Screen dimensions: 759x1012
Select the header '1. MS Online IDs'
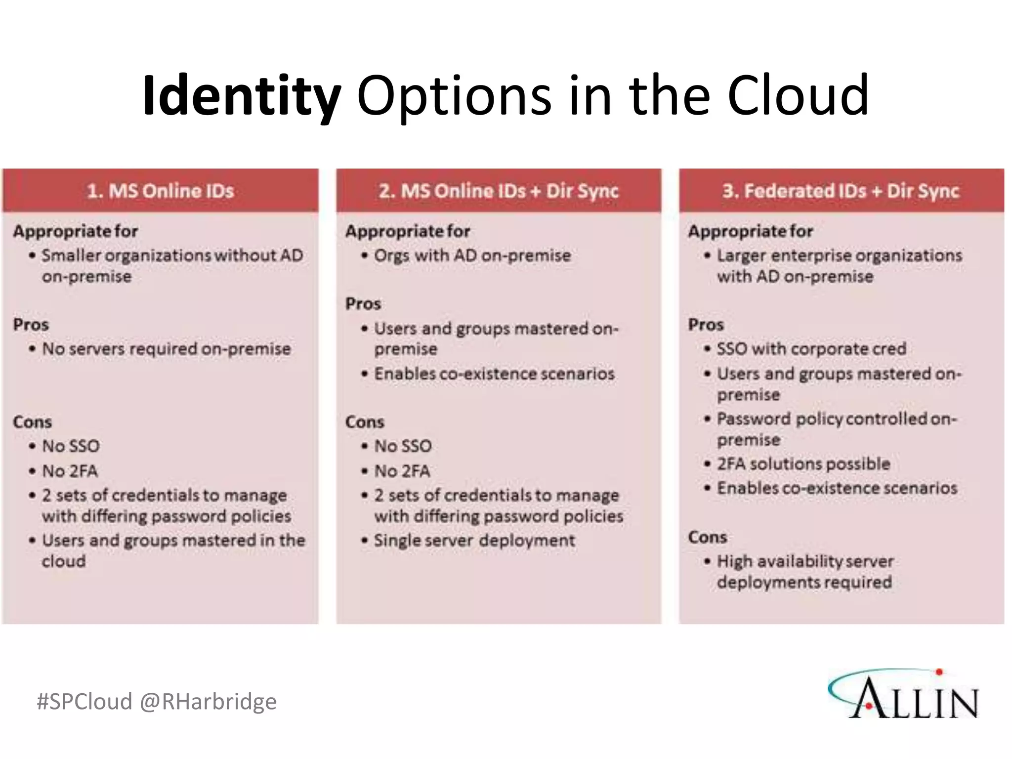click(160, 191)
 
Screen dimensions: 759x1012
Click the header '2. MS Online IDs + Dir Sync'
click(499, 191)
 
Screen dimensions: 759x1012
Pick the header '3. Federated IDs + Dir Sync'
click(841, 191)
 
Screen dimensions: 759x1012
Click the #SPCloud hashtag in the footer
click(84, 701)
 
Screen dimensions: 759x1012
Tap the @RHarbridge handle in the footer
click(208, 701)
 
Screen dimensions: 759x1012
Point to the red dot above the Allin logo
click(939, 672)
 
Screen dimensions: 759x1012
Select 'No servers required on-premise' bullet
click(166, 349)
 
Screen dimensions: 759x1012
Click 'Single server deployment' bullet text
click(474, 540)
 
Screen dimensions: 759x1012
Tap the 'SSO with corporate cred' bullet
click(811, 349)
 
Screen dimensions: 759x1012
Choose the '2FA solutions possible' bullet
click(803, 464)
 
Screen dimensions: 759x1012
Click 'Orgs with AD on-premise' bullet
click(472, 255)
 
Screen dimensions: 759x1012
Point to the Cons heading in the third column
click(707, 537)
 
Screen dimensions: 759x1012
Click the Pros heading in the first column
click(31, 325)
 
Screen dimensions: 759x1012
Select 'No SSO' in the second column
click(403, 446)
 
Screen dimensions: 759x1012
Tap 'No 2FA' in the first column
click(70, 471)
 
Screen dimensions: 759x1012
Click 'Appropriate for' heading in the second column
click(408, 231)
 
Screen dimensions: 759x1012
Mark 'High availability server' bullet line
click(805, 561)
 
